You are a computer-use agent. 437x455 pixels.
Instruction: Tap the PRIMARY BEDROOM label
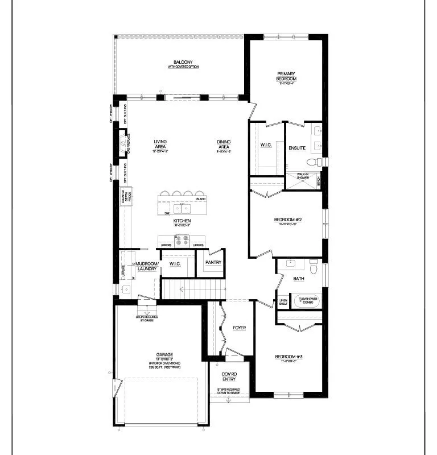coord(287,76)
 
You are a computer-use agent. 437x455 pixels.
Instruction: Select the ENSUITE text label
coord(296,148)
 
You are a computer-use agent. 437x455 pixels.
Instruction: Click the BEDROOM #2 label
coord(287,220)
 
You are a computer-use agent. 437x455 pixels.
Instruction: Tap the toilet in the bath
coord(314,264)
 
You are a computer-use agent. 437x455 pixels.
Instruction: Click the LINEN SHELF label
coord(283,302)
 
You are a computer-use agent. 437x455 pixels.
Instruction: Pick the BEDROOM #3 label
coord(288,357)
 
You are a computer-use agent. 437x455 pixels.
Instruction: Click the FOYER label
coord(240,329)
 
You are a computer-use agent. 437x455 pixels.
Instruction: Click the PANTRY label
coord(213,262)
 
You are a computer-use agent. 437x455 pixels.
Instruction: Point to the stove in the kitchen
coord(182,242)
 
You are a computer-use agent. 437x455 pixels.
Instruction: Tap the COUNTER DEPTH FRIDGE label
coord(126,196)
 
